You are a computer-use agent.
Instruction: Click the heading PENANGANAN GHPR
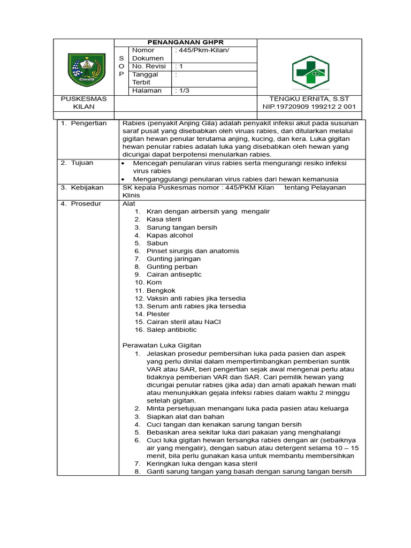click(x=186, y=42)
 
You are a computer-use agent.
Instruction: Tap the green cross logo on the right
click(x=310, y=72)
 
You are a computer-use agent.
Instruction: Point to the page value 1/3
click(x=182, y=90)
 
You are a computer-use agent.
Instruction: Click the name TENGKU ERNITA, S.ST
click(x=310, y=99)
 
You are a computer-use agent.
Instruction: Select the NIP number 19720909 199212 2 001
click(x=310, y=107)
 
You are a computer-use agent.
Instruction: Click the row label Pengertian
click(x=88, y=123)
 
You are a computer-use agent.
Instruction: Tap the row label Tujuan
click(x=82, y=163)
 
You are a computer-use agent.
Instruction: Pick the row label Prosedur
click(x=86, y=203)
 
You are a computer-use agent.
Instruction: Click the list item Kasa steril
click(x=164, y=219)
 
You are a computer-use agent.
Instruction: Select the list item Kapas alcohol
click(x=170, y=235)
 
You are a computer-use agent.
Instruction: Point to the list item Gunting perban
click(x=172, y=267)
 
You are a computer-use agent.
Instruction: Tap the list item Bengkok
click(x=162, y=290)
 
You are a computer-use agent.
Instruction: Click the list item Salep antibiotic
click(x=171, y=330)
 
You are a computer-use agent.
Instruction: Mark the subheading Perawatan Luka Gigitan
click(x=162, y=346)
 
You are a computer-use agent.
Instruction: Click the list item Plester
click(x=158, y=314)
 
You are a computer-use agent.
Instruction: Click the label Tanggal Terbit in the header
click(x=146, y=79)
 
